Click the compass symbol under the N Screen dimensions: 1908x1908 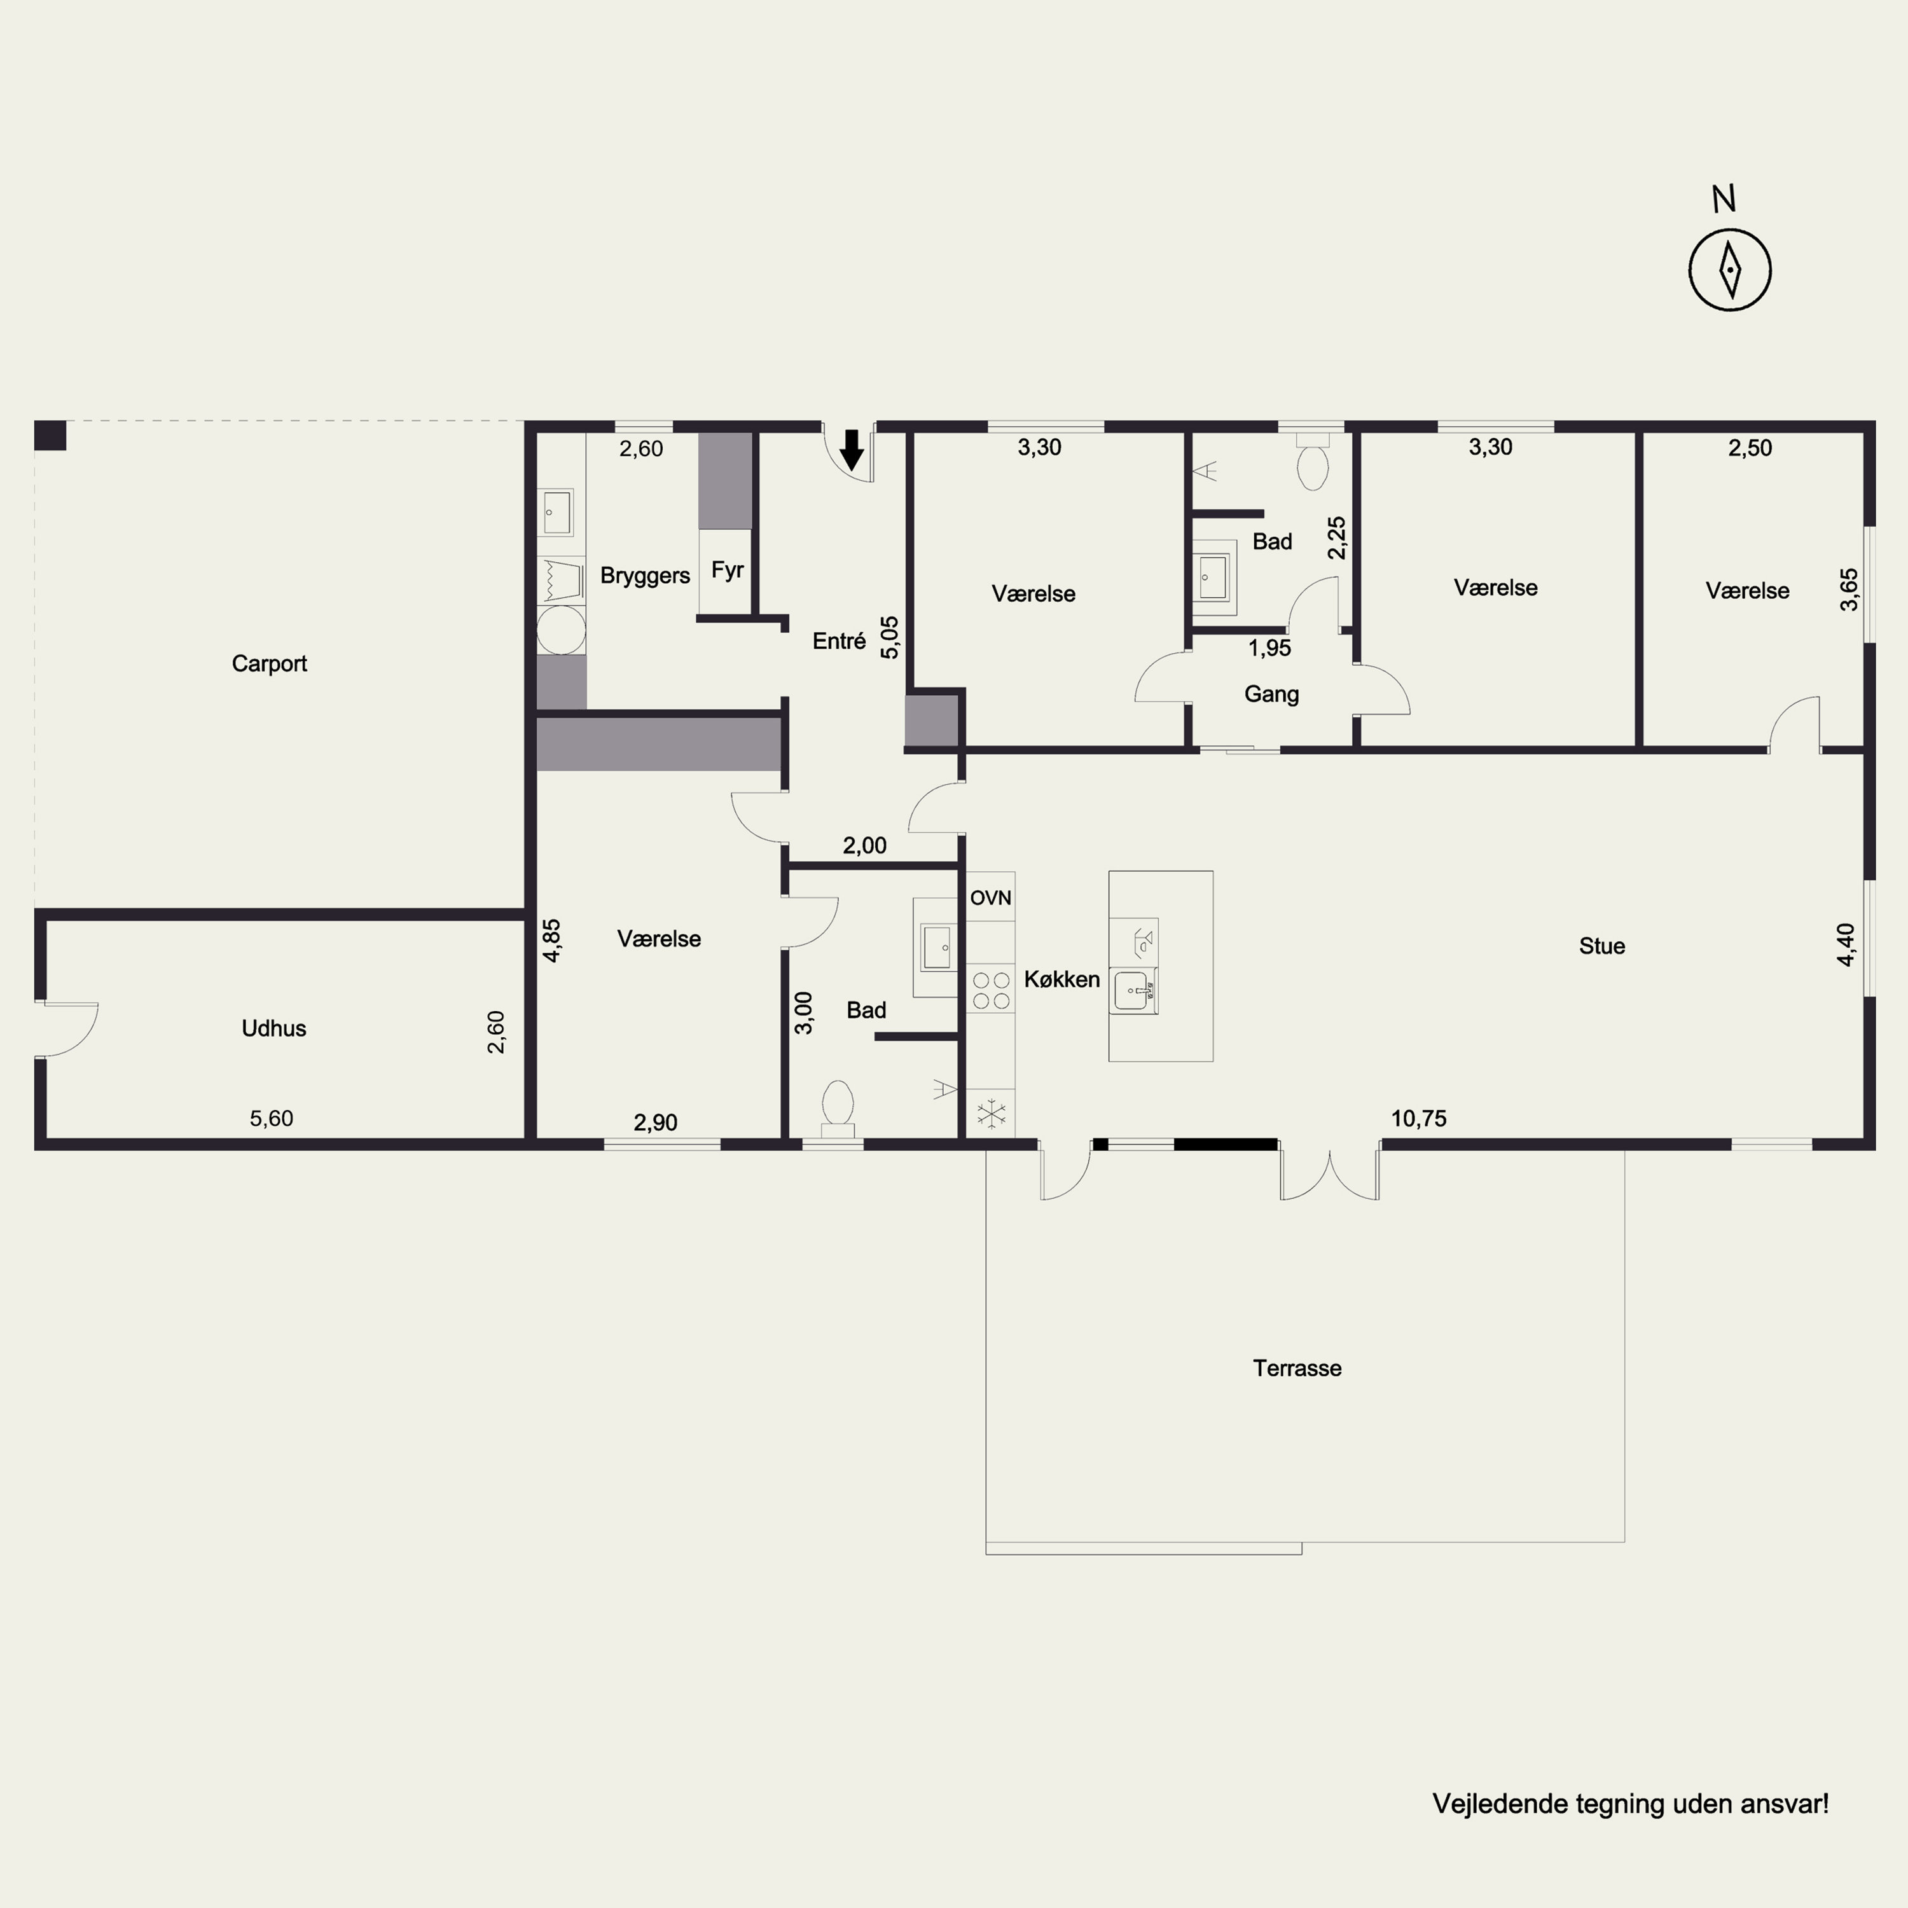(x=1729, y=270)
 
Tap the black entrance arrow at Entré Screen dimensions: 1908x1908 (x=852, y=450)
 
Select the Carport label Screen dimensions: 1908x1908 (x=270, y=663)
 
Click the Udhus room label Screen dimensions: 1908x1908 (x=273, y=1028)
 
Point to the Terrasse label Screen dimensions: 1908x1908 (x=1297, y=1368)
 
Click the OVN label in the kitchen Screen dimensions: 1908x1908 (x=990, y=897)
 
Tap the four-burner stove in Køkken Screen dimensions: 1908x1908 (x=990, y=990)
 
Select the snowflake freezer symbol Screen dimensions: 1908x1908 (x=990, y=1115)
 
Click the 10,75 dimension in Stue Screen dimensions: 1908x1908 (x=1418, y=1119)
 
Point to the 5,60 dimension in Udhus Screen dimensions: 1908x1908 (x=272, y=1119)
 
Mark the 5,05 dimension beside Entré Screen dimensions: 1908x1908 (x=890, y=637)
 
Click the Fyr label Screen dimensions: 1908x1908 (x=727, y=570)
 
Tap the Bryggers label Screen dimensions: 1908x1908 (x=645, y=576)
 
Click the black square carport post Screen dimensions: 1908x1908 (x=50, y=436)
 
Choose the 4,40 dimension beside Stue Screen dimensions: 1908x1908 (x=1846, y=944)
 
